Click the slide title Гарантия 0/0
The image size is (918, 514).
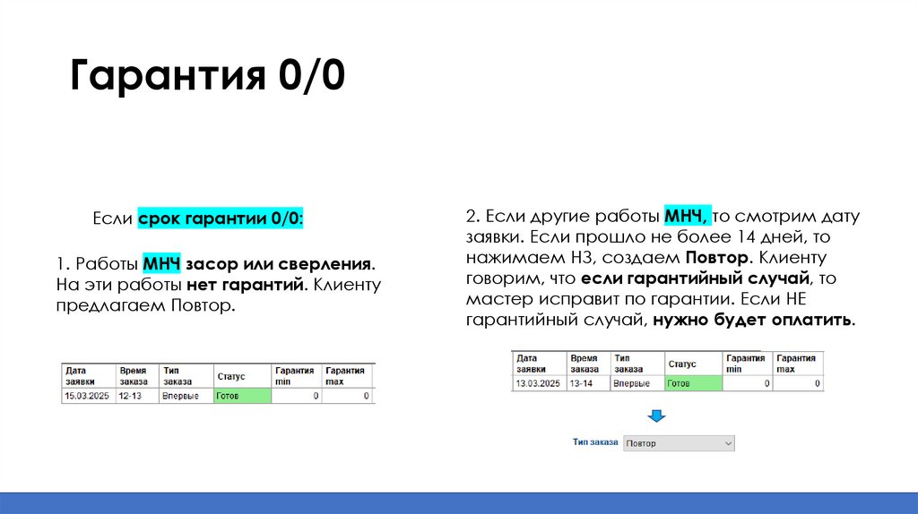206,77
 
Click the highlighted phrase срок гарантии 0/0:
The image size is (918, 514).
221,218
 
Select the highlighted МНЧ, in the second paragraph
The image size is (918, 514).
688,217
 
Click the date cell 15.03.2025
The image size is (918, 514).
86,395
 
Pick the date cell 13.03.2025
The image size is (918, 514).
538,383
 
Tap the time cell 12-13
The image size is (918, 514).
131,395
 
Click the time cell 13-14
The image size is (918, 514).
583,383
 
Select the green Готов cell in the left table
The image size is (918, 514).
242,395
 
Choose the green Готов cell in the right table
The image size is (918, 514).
693,383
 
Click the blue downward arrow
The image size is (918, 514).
656,416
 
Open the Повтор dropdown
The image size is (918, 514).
678,443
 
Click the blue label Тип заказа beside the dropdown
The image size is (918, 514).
595,442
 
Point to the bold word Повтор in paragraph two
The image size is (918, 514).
723,258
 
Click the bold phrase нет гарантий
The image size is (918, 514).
247,286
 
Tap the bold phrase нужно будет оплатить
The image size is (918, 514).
754,320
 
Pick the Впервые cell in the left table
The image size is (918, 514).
180,395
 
